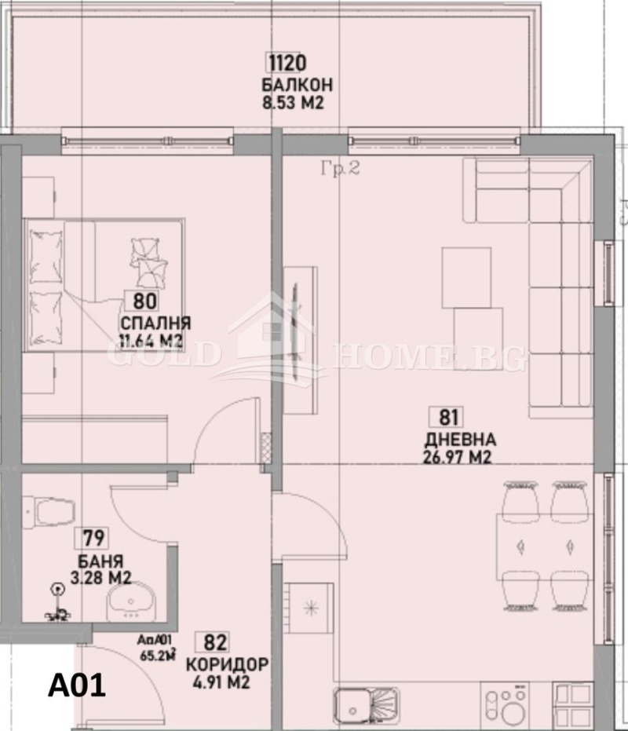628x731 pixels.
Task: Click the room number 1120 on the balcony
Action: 285,63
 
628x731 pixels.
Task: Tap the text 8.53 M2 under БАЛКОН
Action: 294,101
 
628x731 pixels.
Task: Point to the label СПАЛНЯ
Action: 155,323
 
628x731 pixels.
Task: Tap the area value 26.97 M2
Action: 457,458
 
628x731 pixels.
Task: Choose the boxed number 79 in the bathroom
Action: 91,539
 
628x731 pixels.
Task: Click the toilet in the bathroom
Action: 49,513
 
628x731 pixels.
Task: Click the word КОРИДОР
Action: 227,665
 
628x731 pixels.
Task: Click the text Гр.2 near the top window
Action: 340,168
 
